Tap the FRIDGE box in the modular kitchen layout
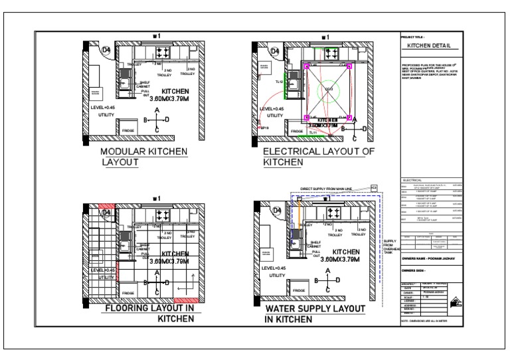tap(128, 131)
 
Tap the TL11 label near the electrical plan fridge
tap(312, 133)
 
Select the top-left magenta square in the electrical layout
tap(307, 66)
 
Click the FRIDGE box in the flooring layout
tap(128, 292)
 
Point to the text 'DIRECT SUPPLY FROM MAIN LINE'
tap(329, 188)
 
